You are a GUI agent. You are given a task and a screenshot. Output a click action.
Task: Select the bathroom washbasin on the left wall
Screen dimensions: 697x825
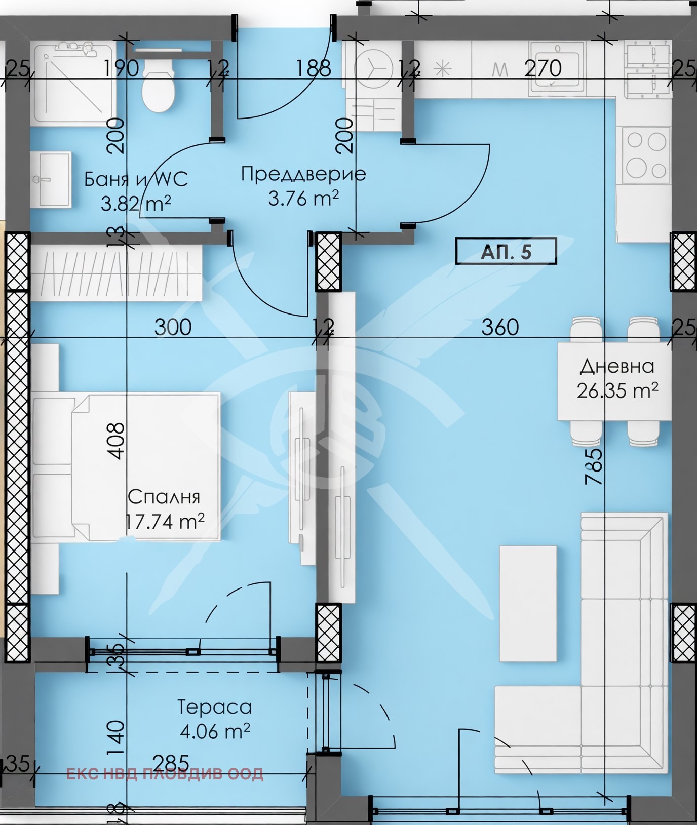pyautogui.click(x=50, y=180)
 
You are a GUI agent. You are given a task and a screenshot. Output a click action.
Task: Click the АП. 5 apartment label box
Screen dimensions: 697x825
pyautogui.click(x=506, y=251)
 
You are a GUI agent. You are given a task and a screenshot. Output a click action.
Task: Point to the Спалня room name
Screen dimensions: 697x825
pyautogui.click(x=164, y=497)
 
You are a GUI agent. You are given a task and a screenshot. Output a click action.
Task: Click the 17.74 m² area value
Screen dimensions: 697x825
pyautogui.click(x=165, y=521)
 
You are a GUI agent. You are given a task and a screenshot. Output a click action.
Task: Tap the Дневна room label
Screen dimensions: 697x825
pyautogui.click(x=617, y=366)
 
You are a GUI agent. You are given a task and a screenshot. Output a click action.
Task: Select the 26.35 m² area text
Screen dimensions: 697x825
pyautogui.click(x=617, y=390)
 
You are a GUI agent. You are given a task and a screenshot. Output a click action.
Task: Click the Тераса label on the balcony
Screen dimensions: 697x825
pyautogui.click(x=215, y=707)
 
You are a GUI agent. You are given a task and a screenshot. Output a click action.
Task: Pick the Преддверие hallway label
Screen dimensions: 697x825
pyautogui.click(x=303, y=174)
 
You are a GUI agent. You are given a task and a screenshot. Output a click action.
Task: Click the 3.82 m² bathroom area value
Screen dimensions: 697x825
pyautogui.click(x=136, y=204)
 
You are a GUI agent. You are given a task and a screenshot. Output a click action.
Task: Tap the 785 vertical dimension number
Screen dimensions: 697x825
pyautogui.click(x=594, y=466)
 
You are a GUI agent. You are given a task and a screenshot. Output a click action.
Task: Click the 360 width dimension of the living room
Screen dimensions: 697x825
pyautogui.click(x=500, y=327)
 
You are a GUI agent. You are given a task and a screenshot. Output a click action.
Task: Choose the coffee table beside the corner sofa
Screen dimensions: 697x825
pyautogui.click(x=528, y=603)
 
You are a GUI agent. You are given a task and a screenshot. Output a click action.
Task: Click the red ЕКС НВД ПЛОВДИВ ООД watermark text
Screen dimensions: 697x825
pyautogui.click(x=165, y=774)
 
